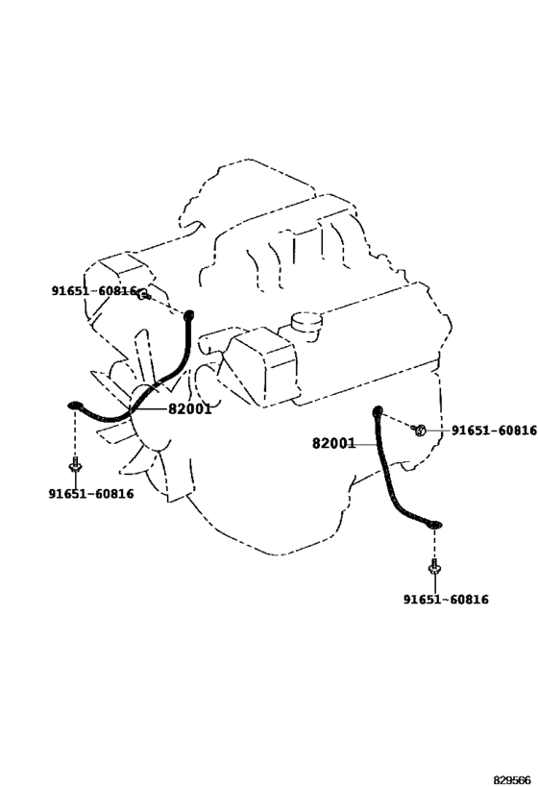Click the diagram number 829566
(512, 780)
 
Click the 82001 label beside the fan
(189, 409)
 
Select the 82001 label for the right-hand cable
(333, 444)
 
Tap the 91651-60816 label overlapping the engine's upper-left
(94, 291)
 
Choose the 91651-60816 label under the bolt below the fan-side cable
(91, 494)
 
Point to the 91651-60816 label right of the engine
(494, 430)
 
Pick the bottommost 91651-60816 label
(446, 600)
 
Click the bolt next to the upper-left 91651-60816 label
(143, 295)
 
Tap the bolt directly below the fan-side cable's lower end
(75, 465)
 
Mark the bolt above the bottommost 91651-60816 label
(434, 567)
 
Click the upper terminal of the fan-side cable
(189, 316)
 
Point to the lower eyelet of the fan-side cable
(75, 406)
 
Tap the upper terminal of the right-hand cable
(377, 411)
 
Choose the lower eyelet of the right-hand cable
(435, 525)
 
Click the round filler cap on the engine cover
(306, 321)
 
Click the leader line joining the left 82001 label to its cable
(149, 409)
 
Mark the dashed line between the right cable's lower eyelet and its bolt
(434, 544)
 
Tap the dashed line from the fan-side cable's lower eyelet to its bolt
(75, 433)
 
